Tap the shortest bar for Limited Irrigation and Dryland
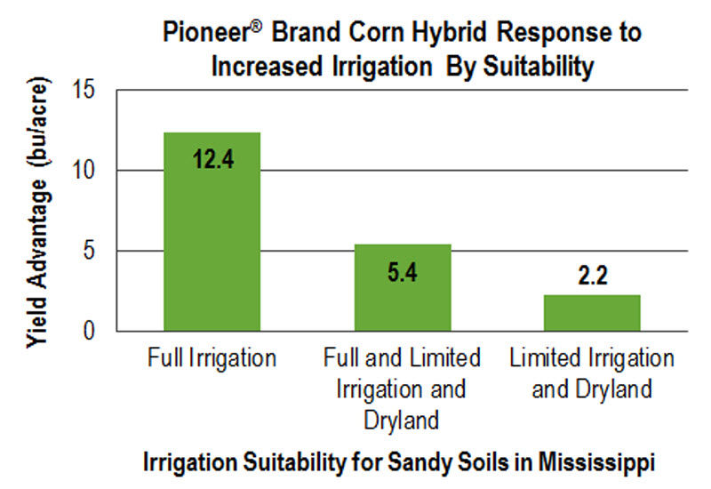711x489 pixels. click(592, 313)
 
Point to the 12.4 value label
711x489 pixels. click(212, 161)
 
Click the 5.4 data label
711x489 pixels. click(403, 273)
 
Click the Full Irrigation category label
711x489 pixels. click(212, 359)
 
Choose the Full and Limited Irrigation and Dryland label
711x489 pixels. click(403, 389)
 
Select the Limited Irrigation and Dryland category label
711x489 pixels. click(592, 373)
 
